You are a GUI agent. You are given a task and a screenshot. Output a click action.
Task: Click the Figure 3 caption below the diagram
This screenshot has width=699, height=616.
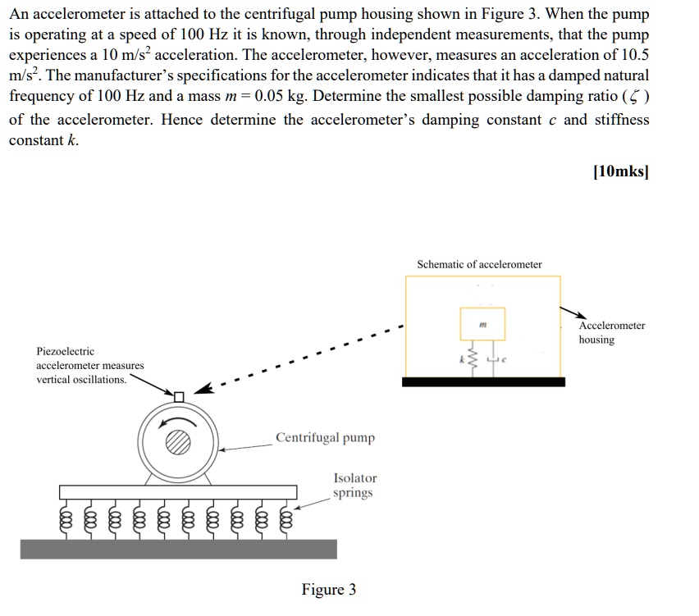(328, 590)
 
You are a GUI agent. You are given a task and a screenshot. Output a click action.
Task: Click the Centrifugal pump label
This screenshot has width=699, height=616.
(325, 437)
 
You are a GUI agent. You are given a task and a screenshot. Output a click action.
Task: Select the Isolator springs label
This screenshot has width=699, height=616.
(354, 485)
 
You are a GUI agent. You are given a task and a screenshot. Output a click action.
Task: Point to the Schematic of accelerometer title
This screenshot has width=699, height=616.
(479, 264)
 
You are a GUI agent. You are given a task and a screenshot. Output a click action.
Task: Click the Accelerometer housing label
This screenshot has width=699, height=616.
(611, 332)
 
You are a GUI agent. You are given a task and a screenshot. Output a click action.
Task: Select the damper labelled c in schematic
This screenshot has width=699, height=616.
(494, 358)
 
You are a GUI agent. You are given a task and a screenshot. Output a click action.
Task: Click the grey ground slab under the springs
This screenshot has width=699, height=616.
(178, 549)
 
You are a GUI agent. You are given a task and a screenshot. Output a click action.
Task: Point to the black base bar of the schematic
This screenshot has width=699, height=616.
(483, 381)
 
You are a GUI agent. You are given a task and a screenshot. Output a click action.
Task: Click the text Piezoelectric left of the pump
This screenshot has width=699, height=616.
(66, 351)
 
